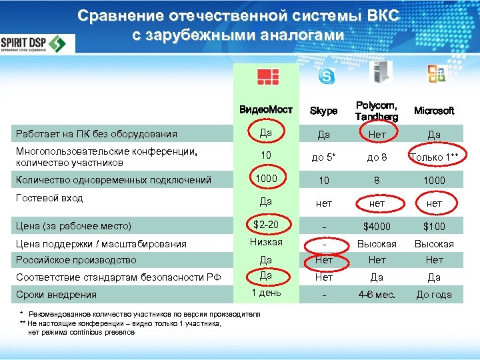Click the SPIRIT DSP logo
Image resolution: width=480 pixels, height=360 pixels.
click(37, 44)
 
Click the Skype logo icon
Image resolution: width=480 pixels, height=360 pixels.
click(327, 76)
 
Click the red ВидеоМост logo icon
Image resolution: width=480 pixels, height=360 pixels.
click(267, 76)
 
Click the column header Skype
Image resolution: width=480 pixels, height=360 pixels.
click(324, 111)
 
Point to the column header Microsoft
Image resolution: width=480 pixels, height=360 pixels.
click(434, 111)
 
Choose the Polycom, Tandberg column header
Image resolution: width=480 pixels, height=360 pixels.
click(377, 111)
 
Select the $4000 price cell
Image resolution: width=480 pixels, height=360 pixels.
click(377, 227)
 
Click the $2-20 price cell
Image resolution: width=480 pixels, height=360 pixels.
click(266, 224)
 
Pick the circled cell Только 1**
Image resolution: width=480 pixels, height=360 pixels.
click(435, 157)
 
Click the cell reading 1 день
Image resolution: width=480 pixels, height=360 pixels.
click(266, 293)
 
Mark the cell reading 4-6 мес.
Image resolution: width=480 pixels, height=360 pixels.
click(377, 295)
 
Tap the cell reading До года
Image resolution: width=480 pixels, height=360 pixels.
click(434, 295)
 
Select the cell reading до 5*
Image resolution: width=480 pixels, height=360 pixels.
click(323, 157)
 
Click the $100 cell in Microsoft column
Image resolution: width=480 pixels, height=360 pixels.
click(434, 227)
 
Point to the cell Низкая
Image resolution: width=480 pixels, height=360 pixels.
click(266, 242)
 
